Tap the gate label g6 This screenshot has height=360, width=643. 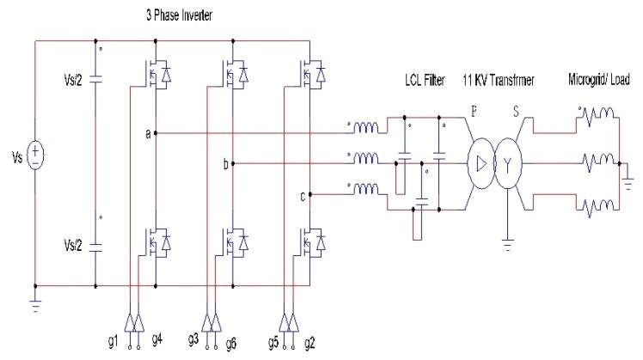tap(231, 342)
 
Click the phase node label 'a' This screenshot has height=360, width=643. tap(149, 134)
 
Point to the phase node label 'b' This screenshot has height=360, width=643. tap(225, 164)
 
